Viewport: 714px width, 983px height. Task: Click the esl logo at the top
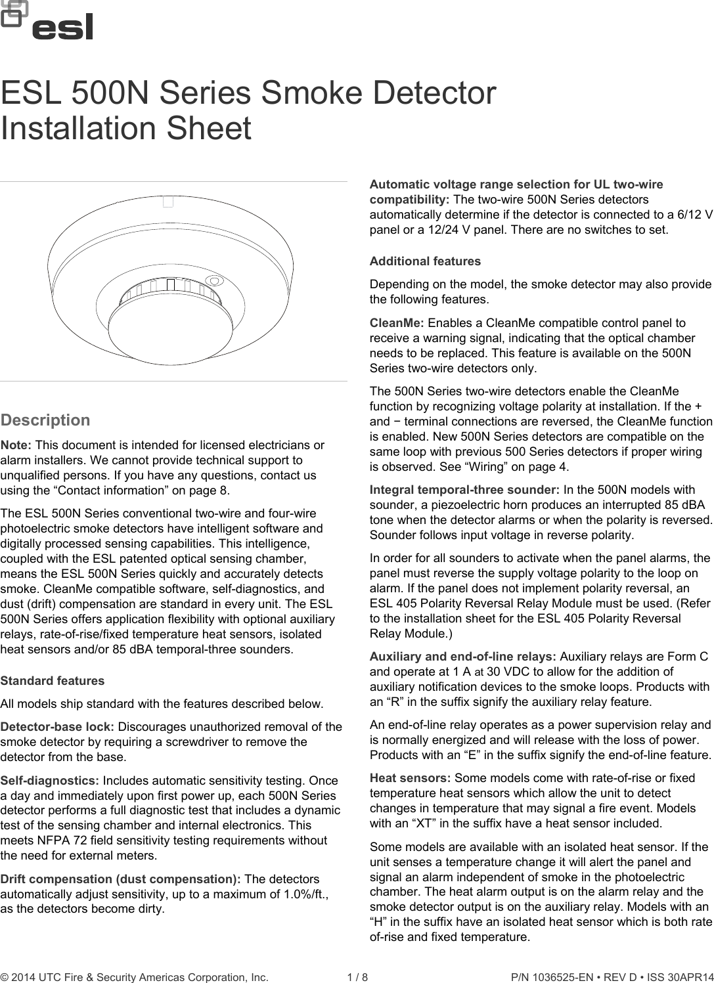point(47,21)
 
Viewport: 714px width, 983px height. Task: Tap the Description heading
point(45,420)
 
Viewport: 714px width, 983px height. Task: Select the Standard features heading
point(53,681)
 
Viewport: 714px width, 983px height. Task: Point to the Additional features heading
point(425,261)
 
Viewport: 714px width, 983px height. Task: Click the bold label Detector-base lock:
point(58,727)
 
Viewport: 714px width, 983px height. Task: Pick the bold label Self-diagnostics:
point(50,781)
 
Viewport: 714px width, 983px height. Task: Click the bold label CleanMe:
point(397,323)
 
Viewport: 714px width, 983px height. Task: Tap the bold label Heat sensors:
point(410,778)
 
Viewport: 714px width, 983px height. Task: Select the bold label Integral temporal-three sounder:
point(464,490)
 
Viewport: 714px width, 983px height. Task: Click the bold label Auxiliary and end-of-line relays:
point(463,657)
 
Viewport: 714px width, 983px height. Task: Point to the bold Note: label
point(16,445)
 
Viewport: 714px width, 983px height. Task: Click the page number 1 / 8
point(357,977)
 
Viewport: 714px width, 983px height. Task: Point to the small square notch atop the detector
point(168,202)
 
